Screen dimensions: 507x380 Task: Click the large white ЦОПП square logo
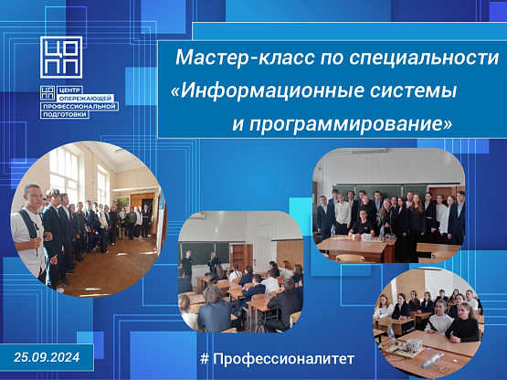[61, 58]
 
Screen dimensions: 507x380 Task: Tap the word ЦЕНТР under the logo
[68, 90]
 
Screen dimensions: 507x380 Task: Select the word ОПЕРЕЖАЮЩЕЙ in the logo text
[86, 98]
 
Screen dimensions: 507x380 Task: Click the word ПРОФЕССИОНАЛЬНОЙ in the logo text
[79, 106]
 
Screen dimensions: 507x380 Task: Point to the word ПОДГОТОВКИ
[65, 114]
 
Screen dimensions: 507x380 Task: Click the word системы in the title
[413, 90]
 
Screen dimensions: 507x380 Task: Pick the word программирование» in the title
[351, 124]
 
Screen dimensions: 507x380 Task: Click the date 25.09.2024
[47, 357]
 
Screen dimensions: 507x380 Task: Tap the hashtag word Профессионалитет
[283, 359]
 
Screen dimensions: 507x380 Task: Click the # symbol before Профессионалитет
[204, 359]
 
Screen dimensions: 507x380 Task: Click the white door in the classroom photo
[263, 244]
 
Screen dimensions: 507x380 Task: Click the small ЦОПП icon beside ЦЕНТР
[48, 93]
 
